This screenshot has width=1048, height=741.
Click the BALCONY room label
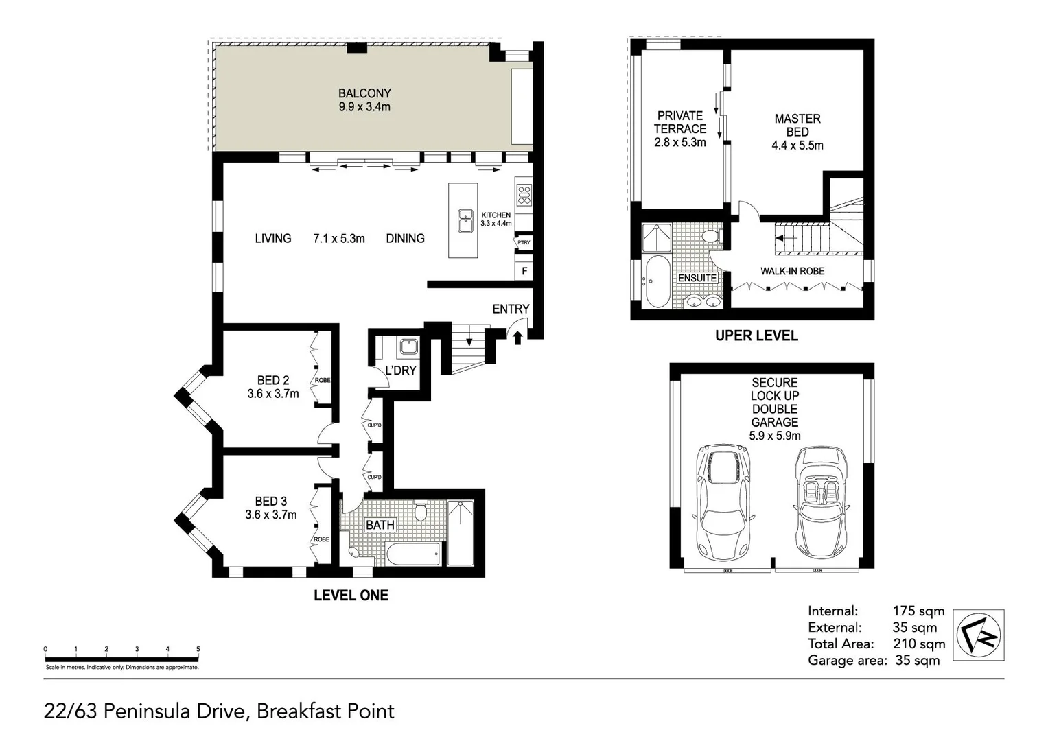coord(364,93)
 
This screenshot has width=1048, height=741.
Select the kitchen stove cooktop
coord(524,195)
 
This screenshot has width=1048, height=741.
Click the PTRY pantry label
coord(524,242)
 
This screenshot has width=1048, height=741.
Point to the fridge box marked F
coord(524,271)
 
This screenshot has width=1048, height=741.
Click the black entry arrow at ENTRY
coord(517,336)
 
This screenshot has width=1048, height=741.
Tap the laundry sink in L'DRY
coord(408,346)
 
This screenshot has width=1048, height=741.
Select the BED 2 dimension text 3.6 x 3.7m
coord(273,394)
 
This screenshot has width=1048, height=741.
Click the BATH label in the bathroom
coord(380,525)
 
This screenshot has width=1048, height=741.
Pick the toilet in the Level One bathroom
coord(421,512)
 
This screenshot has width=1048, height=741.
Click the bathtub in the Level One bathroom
coord(412,554)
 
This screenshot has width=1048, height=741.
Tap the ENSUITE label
coord(697,278)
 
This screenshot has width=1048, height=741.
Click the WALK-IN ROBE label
coord(792,271)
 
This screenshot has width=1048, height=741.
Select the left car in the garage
coord(723,501)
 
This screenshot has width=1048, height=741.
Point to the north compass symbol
coord(979,635)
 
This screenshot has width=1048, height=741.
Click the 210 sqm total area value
coord(918,644)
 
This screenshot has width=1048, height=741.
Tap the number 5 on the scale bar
coord(198,649)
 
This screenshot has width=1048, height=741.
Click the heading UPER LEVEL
coord(756,336)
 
